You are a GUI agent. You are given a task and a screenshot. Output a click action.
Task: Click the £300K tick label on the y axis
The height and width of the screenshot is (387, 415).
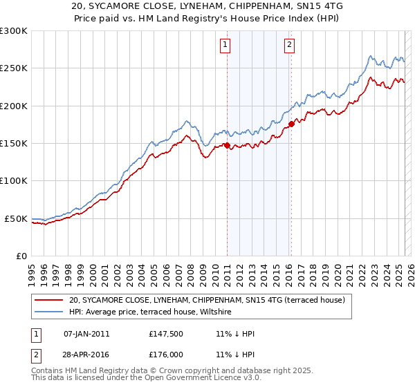[x=14, y=31]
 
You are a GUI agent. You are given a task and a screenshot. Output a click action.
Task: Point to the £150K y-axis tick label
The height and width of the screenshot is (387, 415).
[x=14, y=144]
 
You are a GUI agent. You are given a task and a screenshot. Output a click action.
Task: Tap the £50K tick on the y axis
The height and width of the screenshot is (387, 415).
[x=17, y=218]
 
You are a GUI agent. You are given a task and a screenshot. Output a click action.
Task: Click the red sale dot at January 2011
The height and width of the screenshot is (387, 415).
[x=227, y=145]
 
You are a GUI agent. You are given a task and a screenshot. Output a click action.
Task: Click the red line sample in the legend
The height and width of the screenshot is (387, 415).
[x=49, y=301]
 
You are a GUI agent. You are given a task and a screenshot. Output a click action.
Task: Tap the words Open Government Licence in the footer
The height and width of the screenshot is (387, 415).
[x=199, y=378]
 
